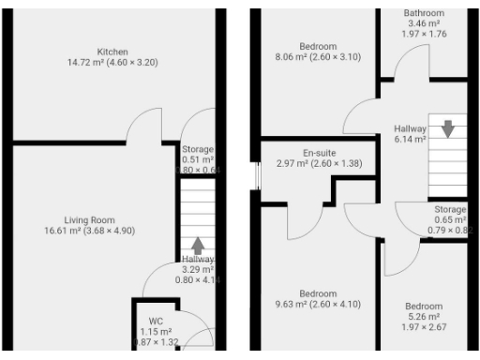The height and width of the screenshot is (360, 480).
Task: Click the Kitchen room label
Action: [x=112, y=52]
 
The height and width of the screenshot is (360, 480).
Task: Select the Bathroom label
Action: [x=424, y=13]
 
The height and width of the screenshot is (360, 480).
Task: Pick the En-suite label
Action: [x=320, y=152]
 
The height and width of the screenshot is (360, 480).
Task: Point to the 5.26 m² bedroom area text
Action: [x=424, y=317]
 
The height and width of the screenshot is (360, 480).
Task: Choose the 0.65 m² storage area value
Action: [x=449, y=219]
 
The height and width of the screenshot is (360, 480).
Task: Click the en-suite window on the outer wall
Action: [x=254, y=177]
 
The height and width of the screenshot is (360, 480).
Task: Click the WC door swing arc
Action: [x=199, y=332]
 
